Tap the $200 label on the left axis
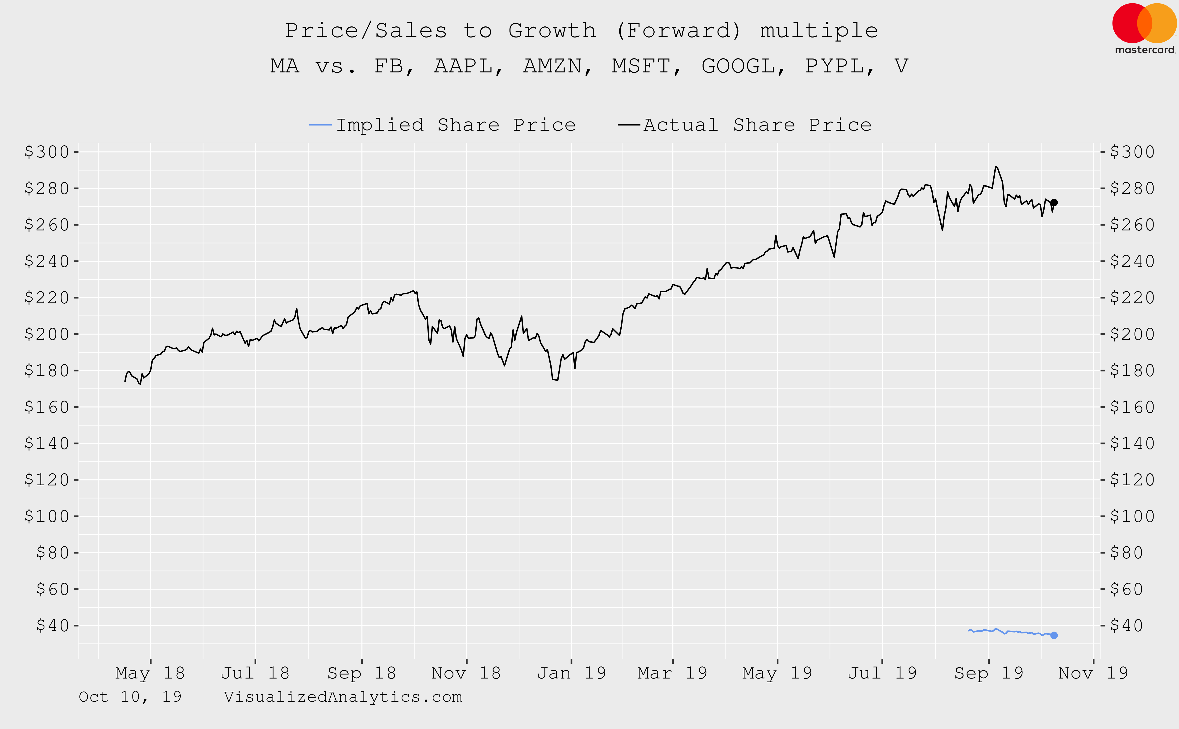[47, 334]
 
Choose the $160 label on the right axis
[1132, 407]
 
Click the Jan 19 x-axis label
[571, 673]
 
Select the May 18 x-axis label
[150, 673]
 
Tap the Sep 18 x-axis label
[361, 673]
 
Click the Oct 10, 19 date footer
[130, 697]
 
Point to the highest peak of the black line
[995, 166]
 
